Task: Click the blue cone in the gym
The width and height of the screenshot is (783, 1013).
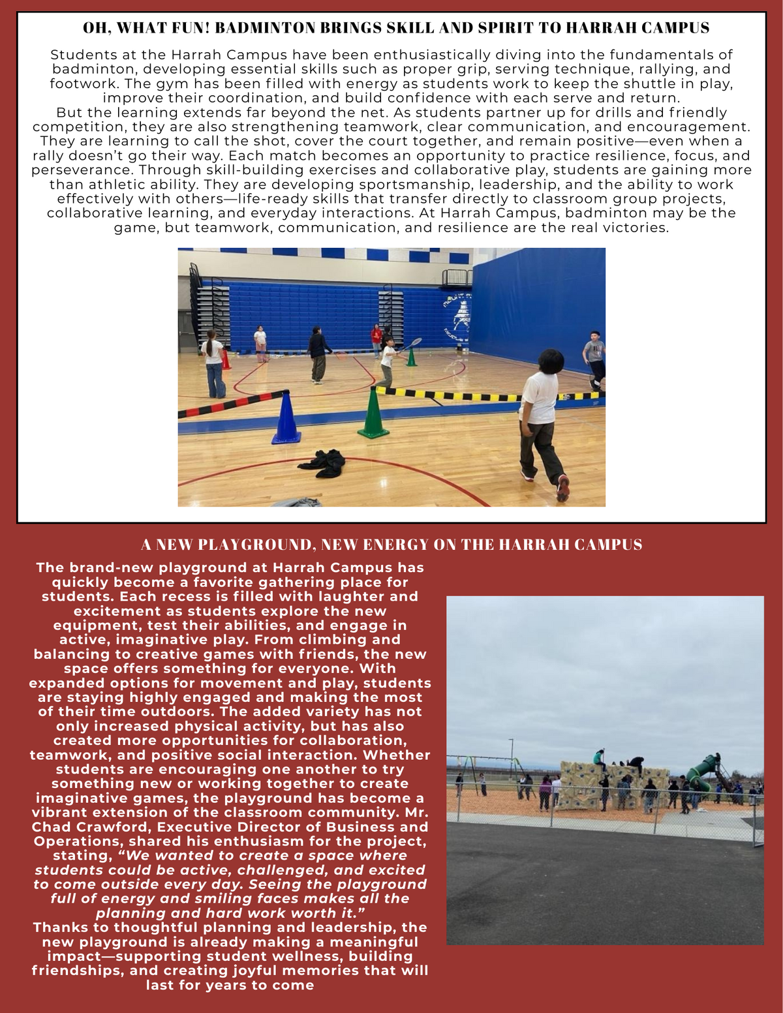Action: [x=285, y=419]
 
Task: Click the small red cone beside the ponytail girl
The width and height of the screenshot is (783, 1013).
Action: [x=226, y=359]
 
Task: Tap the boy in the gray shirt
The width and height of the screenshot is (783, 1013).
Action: [x=594, y=358]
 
